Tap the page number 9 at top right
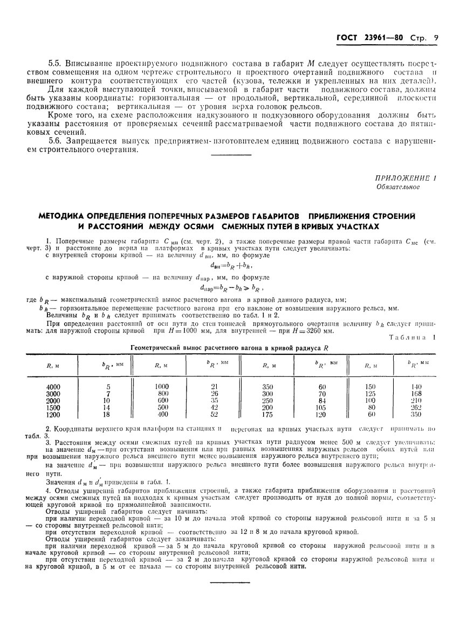click(x=435, y=38)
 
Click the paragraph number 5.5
click(x=56, y=64)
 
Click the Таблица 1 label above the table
click(x=413, y=338)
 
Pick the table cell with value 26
click(x=215, y=394)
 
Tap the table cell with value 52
click(x=215, y=415)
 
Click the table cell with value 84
click(x=322, y=401)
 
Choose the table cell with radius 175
click(x=268, y=415)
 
